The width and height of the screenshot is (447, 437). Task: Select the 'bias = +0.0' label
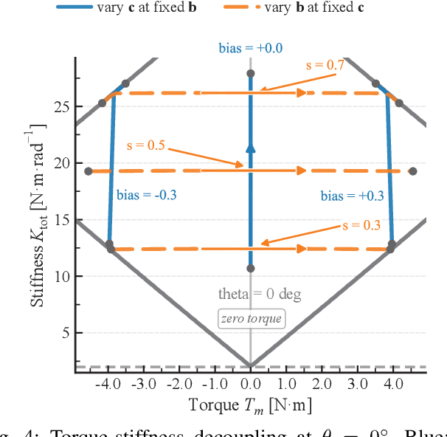250,49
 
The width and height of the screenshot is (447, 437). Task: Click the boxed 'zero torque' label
250,319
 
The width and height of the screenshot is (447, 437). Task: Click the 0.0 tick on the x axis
250,385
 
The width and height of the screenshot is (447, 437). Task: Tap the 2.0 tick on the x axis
322,385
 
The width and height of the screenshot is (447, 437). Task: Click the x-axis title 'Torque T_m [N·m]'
250,405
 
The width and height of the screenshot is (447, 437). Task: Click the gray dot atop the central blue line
250,74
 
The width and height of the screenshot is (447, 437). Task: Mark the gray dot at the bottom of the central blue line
250,268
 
